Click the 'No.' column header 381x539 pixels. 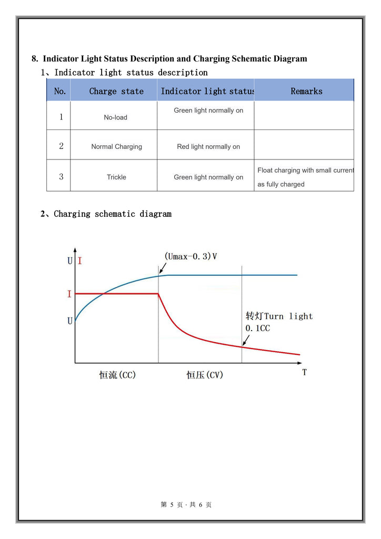[60, 91]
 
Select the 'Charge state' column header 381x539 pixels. [116, 91]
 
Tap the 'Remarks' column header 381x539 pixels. [306, 91]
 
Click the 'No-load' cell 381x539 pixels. [115, 117]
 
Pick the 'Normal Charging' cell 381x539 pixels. [116, 147]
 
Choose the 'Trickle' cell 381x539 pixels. [116, 177]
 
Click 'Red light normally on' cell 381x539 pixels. [208, 147]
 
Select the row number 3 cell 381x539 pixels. [61, 177]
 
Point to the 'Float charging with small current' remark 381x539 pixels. [305, 171]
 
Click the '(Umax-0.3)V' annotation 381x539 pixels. [190, 257]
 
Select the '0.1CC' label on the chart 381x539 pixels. [258, 328]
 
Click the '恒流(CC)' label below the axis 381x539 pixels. [117, 375]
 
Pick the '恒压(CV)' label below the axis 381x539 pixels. [205, 375]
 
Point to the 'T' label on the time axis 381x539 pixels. [305, 372]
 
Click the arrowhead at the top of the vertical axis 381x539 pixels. [75, 250]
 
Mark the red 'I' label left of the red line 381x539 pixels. [69, 294]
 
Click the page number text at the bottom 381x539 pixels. [186, 505]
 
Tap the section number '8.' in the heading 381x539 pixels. [35, 58]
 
